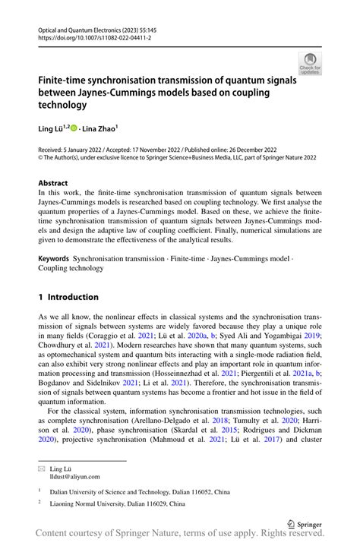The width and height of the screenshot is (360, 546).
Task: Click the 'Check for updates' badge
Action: tap(310, 64)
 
